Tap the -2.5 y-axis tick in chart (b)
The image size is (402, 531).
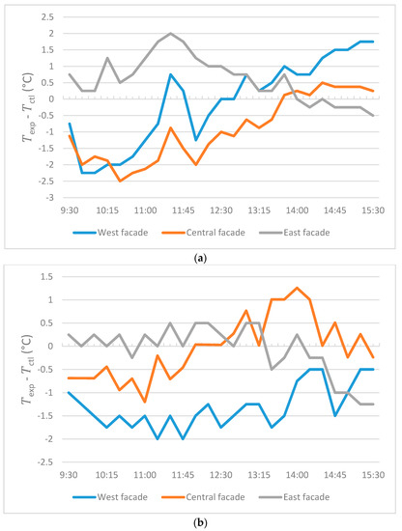(49, 461)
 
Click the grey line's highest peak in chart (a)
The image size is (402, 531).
(171, 34)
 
